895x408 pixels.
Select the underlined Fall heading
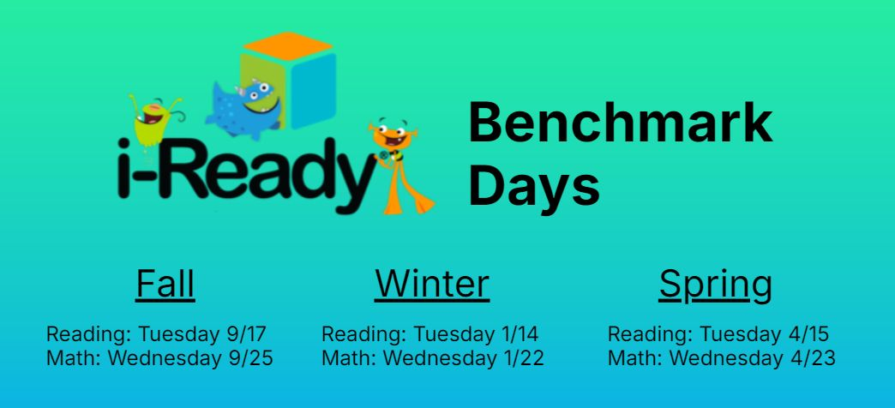[x=165, y=284]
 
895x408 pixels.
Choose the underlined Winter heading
[x=432, y=284]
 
